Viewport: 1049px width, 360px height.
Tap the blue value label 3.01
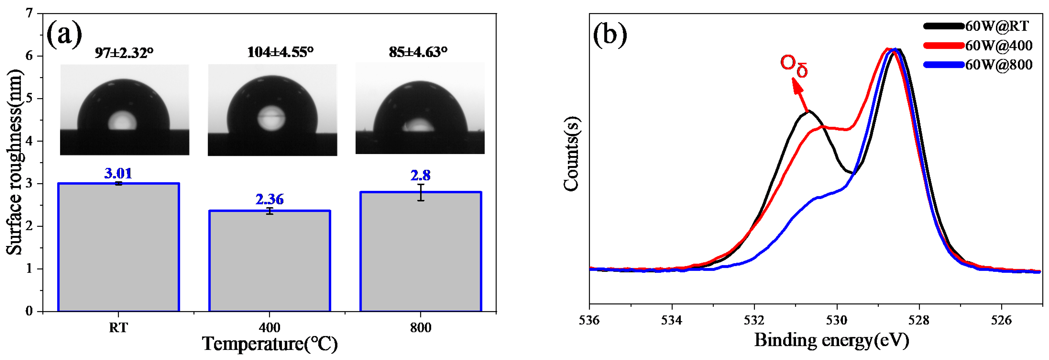click(x=118, y=173)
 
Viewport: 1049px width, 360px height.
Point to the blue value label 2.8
click(x=420, y=175)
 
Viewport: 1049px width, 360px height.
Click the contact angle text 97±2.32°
click(x=124, y=53)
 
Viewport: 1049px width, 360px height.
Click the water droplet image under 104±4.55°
click(x=272, y=110)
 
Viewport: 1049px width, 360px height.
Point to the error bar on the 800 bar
click(x=421, y=192)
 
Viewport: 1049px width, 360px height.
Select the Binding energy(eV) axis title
click(x=831, y=340)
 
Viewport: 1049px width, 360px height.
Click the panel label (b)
click(x=610, y=35)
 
